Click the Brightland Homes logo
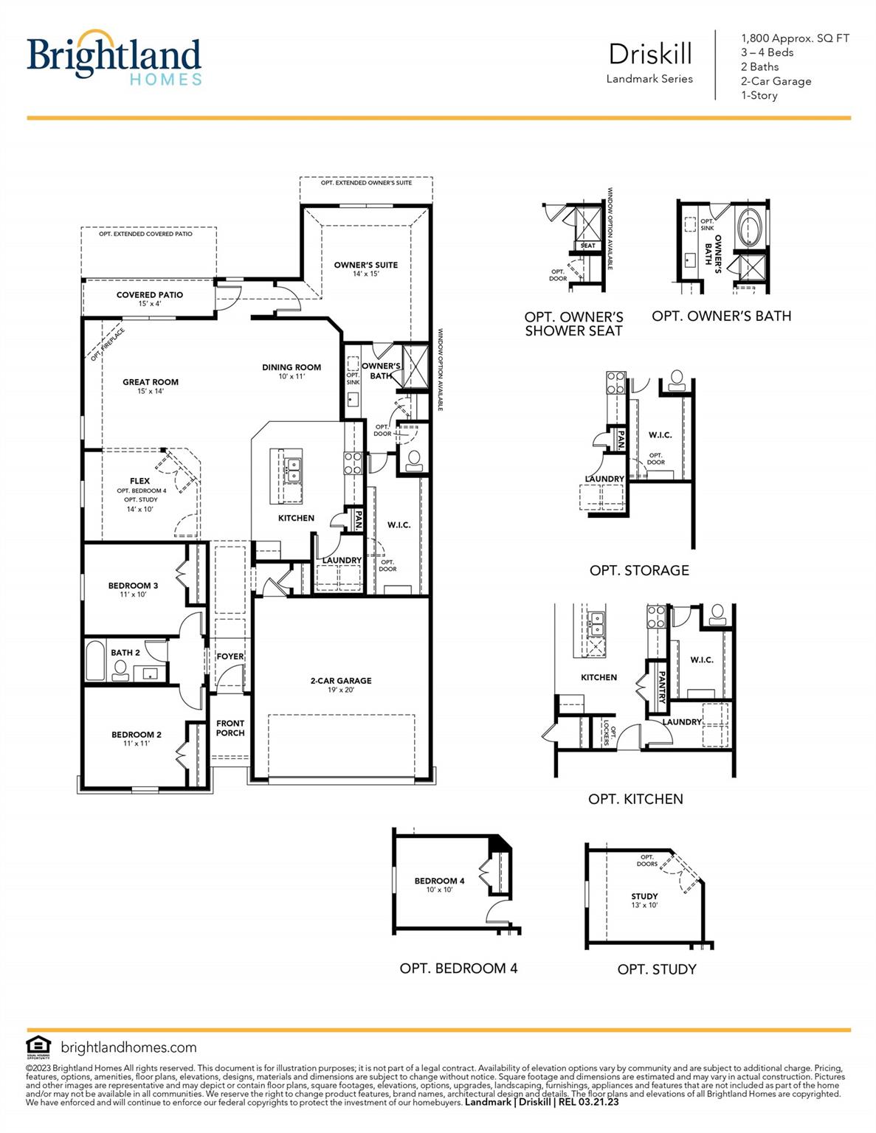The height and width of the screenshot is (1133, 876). click(114, 58)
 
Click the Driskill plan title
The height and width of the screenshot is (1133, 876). click(650, 55)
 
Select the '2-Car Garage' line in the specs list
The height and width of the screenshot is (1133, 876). click(776, 81)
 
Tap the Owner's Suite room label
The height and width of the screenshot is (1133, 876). click(365, 266)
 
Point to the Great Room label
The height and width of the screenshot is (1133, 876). click(151, 383)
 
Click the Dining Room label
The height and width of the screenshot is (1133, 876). click(292, 367)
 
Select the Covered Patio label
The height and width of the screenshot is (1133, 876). click(150, 295)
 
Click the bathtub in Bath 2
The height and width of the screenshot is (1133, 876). click(95, 661)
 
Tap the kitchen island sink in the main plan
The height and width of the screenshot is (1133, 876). click(293, 469)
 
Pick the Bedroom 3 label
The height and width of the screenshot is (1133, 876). click(133, 586)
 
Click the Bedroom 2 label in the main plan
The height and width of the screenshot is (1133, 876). click(137, 735)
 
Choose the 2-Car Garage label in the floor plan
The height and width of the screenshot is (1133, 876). click(341, 682)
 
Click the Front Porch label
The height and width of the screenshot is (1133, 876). click(230, 728)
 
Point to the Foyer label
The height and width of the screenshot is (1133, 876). click(230, 656)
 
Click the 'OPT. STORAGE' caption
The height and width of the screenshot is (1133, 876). click(639, 570)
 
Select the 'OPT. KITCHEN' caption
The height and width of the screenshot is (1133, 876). click(635, 799)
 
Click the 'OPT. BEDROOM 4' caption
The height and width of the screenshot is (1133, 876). click(458, 969)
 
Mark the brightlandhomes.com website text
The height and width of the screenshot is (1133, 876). click(128, 1047)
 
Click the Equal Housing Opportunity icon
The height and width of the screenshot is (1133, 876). click(38, 1047)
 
